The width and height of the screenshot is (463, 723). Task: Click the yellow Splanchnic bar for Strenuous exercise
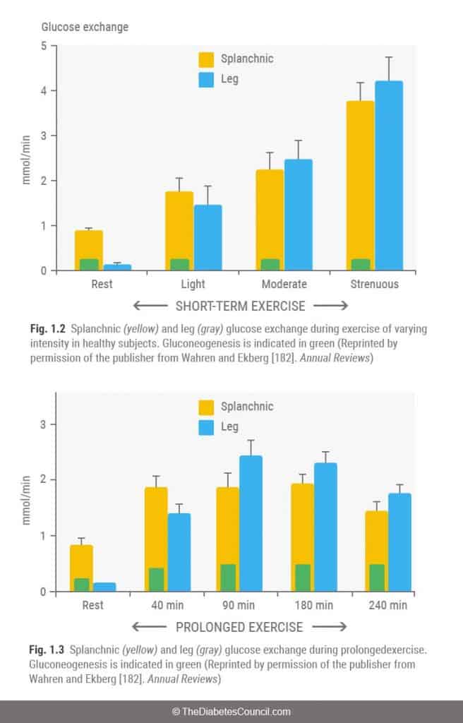click(360, 177)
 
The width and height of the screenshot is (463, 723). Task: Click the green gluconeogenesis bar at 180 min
click(303, 578)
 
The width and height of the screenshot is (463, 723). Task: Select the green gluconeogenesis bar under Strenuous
click(360, 264)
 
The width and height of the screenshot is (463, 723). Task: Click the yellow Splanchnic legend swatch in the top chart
click(207, 59)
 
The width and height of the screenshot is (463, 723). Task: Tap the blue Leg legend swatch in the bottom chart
click(207, 426)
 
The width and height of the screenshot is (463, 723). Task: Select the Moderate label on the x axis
click(284, 285)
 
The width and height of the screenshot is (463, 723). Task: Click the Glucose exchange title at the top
click(84, 27)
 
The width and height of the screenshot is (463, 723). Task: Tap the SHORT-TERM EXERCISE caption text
click(240, 306)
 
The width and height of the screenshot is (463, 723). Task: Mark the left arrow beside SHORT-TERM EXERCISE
click(150, 306)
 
